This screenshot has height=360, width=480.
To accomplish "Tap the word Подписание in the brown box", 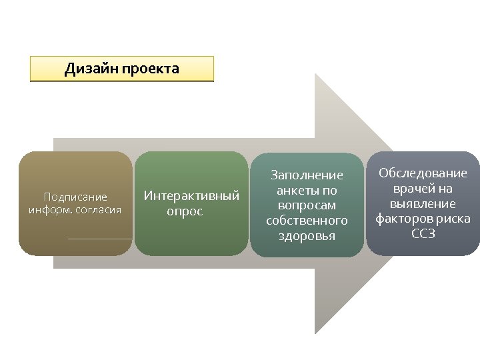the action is tap(75, 197).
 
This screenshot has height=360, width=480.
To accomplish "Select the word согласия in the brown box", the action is tap(98, 210).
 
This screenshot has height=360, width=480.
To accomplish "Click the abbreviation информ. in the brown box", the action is tap(51, 210).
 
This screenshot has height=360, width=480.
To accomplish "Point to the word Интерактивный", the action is tap(192, 197).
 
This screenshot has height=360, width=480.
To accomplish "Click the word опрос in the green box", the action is tap(185, 212).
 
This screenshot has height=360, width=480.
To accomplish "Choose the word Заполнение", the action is tap(307, 175).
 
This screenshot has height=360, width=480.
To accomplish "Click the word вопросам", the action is tap(307, 206).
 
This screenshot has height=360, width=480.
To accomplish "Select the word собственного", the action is tap(307, 221).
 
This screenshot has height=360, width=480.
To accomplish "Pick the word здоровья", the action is tap(307, 236).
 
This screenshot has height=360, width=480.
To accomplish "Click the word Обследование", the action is tap(423, 173).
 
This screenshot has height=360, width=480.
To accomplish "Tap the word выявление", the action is tap(423, 204).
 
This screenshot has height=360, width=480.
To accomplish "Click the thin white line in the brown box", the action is tap(100, 239).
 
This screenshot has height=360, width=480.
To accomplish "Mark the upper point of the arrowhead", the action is tap(316, 75).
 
